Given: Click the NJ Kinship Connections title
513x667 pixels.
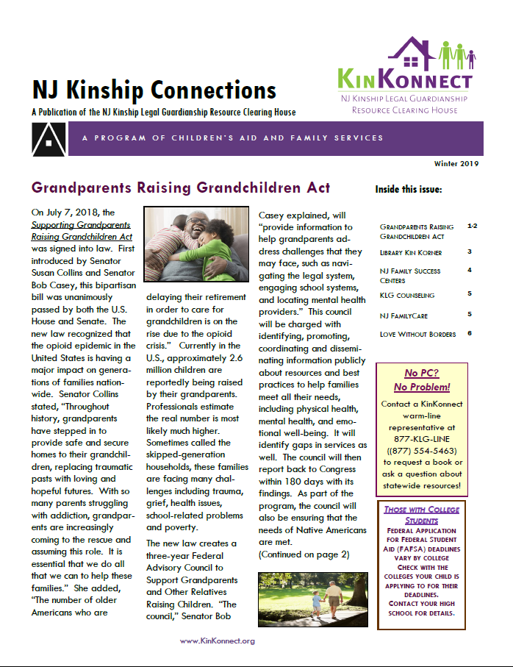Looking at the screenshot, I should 154,90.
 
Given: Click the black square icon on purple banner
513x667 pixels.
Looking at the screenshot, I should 48,138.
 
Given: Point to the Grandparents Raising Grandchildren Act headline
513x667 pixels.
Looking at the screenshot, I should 181,188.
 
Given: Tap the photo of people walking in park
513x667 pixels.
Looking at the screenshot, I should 308,598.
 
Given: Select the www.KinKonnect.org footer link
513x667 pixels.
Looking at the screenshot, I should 218,641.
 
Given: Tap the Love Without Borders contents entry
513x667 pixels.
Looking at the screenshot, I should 417,334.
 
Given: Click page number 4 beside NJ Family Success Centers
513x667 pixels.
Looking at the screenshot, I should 469,270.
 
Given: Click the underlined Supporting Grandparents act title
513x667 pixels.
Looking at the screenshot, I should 81,230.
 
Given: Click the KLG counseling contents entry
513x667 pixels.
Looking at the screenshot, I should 407,295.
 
